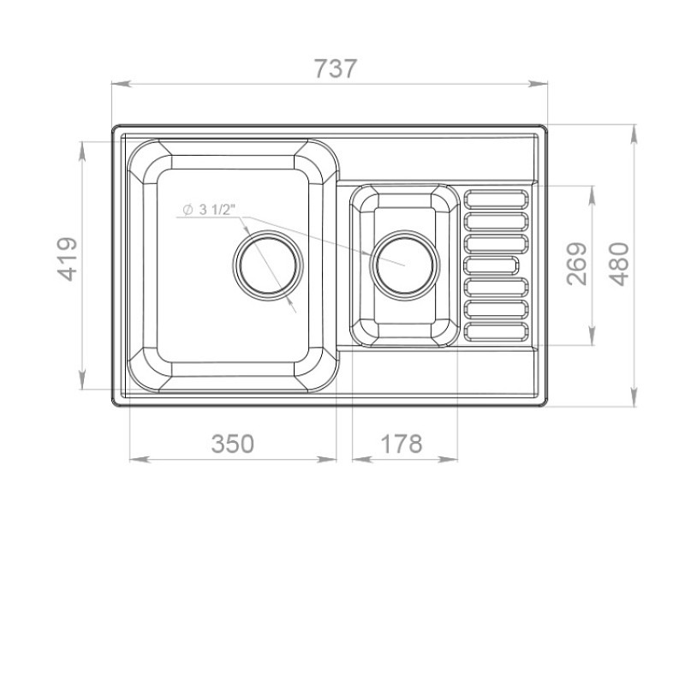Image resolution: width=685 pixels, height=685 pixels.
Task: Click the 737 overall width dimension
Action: pos(336,68)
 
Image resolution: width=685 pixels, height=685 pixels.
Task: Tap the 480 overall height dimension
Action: pos(619,265)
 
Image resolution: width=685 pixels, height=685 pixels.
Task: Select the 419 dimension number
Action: pos(68,259)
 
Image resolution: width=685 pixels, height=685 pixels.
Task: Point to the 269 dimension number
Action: pos(576,264)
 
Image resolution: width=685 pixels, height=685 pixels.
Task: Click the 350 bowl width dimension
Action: pos(232,444)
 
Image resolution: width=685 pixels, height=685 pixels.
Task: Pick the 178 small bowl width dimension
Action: pos(402,444)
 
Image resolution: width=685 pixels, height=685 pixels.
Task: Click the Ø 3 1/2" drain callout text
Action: pos(209,210)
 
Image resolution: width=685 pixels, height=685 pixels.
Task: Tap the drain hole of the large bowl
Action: pos(268,265)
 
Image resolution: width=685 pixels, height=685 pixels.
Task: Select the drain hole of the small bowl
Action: pos(404,265)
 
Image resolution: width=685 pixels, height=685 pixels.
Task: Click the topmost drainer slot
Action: pos(496,199)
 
